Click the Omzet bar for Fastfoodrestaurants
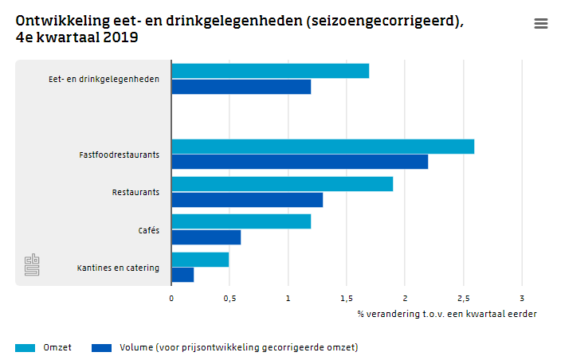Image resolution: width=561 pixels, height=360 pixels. tap(323, 147)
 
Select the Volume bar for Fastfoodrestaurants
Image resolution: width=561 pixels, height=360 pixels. tap(300, 162)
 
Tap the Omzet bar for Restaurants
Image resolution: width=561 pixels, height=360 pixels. tap(282, 184)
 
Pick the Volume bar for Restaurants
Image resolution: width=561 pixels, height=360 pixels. tap(247, 199)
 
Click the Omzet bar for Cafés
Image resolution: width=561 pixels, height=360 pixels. tap(241, 221)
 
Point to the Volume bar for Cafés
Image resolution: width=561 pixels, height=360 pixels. tap(206, 237)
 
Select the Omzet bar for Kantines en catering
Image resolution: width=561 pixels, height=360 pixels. tap(200, 260)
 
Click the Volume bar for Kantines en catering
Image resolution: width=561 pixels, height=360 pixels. tap(182, 275)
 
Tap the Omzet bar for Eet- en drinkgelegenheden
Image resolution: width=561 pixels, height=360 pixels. tap(270, 71)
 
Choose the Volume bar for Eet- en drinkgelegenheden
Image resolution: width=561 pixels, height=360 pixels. tap(241, 86)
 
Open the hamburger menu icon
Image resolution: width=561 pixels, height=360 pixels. tap(541, 24)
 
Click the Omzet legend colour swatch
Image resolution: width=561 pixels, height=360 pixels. tap(25, 347)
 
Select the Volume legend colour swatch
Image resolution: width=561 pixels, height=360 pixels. tap(101, 347)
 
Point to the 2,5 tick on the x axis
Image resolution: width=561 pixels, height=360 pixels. tap(463, 298)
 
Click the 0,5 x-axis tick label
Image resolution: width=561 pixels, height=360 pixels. tap(229, 298)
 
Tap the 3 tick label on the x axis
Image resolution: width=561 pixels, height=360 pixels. tap(522, 298)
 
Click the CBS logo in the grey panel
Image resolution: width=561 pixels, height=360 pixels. tap(31, 265)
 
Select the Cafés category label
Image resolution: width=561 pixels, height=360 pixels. tap(148, 230)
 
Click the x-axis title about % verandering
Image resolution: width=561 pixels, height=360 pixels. tap(446, 313)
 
